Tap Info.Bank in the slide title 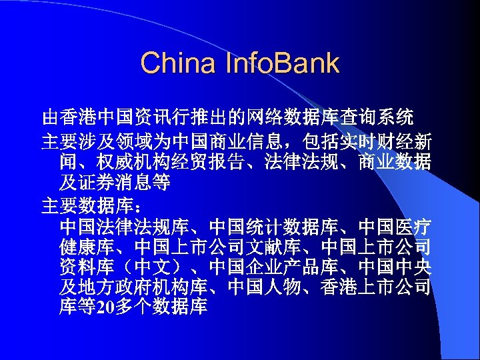click(284, 63)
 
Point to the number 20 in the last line click(107, 307)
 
